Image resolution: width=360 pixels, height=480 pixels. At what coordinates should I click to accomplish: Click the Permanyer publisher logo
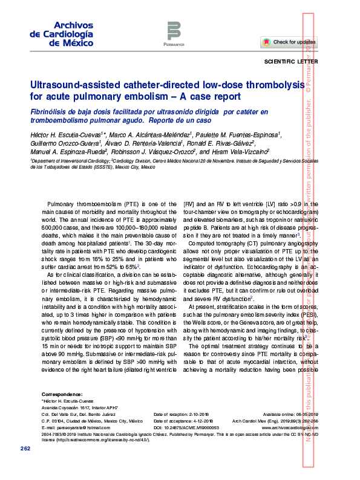pos(174,33)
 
